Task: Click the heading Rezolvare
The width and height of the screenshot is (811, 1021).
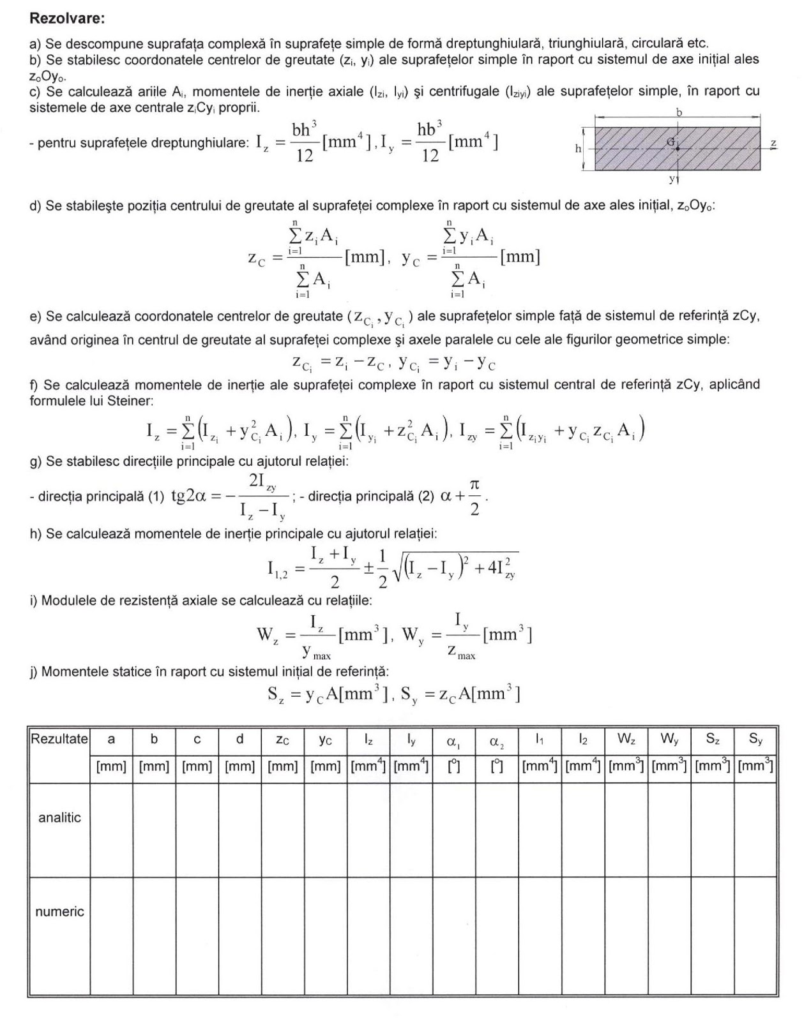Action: click(x=67, y=18)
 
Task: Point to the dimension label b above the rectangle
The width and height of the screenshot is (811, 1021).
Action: click(x=679, y=112)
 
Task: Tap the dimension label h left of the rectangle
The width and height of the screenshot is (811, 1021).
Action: click(x=579, y=148)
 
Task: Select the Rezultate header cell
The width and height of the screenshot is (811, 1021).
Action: click(x=59, y=739)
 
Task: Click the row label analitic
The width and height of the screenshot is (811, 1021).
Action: click(x=59, y=817)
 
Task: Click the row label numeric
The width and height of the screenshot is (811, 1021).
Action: click(x=59, y=911)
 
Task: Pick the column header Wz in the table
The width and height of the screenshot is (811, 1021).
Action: click(x=626, y=739)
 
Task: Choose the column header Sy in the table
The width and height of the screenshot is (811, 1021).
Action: click(x=755, y=739)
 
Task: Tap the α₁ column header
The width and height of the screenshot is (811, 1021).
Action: click(x=453, y=741)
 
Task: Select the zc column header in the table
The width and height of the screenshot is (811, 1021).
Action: click(x=282, y=740)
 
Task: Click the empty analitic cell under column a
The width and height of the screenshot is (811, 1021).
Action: click(x=111, y=830)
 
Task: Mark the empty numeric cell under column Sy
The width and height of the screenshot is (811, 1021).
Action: click(x=755, y=935)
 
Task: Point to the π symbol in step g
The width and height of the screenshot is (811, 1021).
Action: click(x=474, y=486)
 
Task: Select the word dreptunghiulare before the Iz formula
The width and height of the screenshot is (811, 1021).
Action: click(x=204, y=142)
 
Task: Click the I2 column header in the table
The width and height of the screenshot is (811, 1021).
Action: click(x=582, y=739)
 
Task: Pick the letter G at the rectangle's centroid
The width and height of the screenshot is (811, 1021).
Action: click(x=671, y=142)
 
